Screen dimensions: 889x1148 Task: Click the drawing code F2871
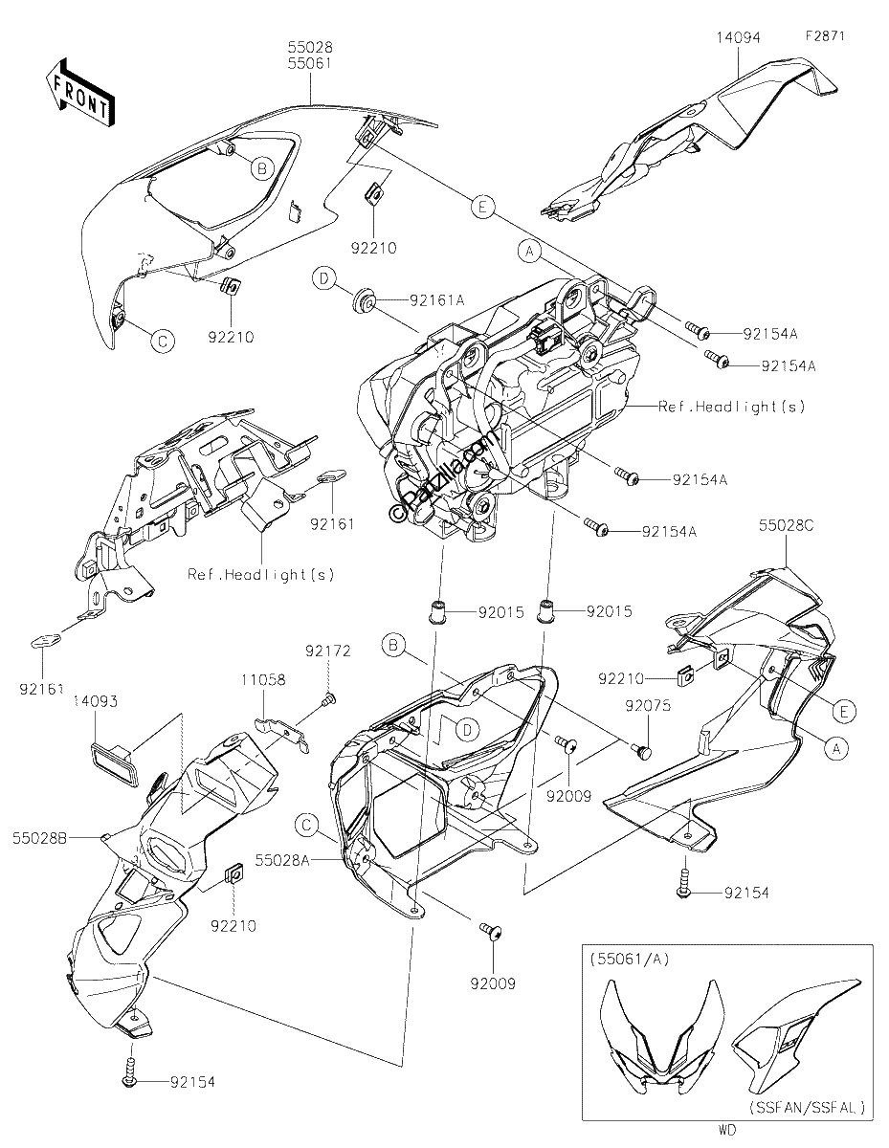coord(825,36)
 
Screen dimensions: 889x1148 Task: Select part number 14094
coord(739,37)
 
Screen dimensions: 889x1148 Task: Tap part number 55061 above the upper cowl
coord(310,63)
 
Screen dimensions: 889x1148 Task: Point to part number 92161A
coord(436,300)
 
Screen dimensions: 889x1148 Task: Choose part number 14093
coord(96,701)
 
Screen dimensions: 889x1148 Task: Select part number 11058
coord(264,679)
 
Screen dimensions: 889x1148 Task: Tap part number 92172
coord(328,651)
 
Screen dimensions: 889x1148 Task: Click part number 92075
coord(648,705)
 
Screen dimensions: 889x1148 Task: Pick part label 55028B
coord(39,838)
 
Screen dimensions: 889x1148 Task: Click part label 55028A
coord(282,861)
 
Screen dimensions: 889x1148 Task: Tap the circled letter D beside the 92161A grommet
coord(323,278)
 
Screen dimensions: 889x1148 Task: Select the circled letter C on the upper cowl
coord(162,341)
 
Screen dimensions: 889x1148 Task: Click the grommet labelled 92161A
coord(364,301)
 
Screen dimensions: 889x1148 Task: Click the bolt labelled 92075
coord(642,749)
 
